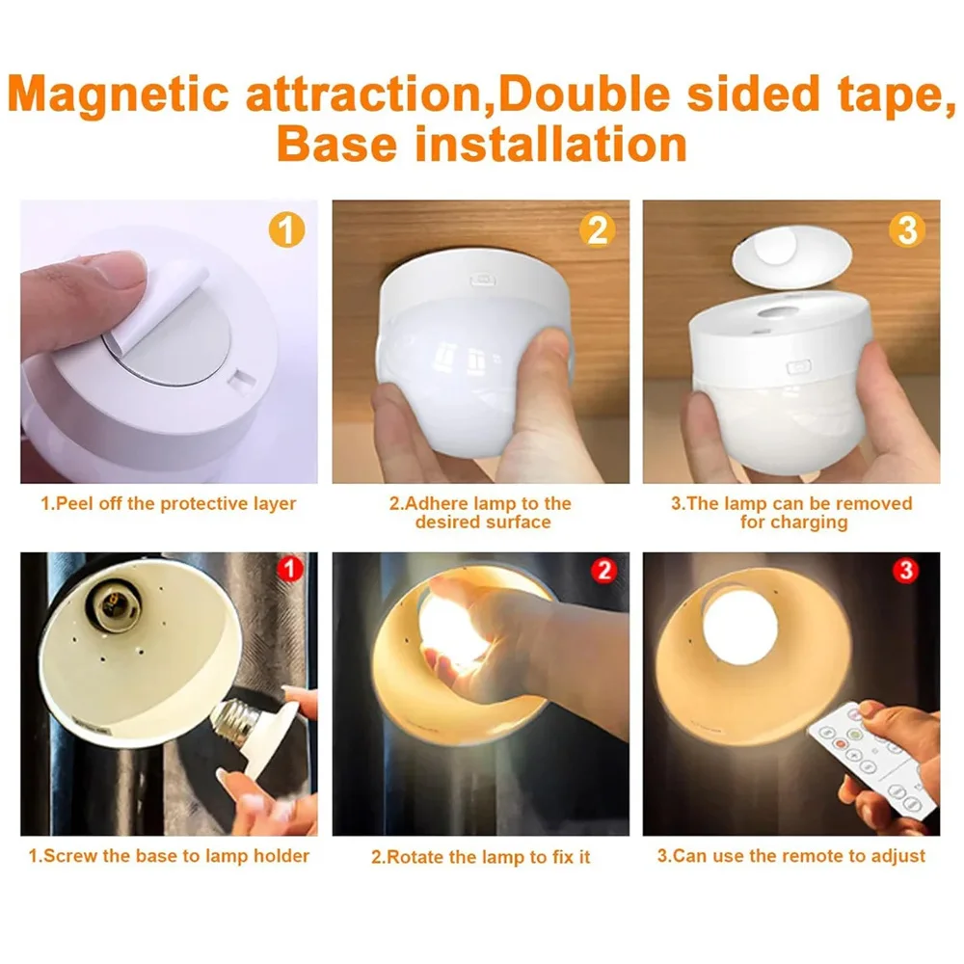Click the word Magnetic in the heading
[x=119, y=95]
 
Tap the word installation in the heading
[x=550, y=145]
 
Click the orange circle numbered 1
[x=286, y=230]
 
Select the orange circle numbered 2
[x=597, y=230]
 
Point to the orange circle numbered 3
[x=907, y=230]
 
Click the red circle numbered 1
[x=290, y=569]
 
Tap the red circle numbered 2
[x=603, y=570]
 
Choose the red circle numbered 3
[x=905, y=570]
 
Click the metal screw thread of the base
[x=232, y=720]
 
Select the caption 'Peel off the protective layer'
[x=169, y=503]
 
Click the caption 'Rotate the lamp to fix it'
[x=481, y=856]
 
